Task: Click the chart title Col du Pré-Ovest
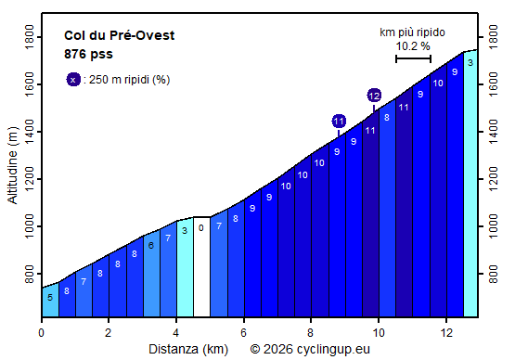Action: (119, 36)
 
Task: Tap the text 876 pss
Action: (89, 54)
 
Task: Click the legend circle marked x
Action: (73, 80)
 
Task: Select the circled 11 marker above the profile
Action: (339, 122)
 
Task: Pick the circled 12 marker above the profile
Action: (374, 96)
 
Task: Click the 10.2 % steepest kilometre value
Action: (413, 45)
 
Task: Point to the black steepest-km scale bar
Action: (413, 58)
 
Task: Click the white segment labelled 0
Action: (201, 266)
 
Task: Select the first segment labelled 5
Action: (50, 297)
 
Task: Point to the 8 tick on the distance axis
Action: (311, 332)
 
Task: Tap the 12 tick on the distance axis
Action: (445, 332)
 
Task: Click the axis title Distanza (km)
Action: (188, 349)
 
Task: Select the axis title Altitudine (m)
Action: (12, 168)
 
